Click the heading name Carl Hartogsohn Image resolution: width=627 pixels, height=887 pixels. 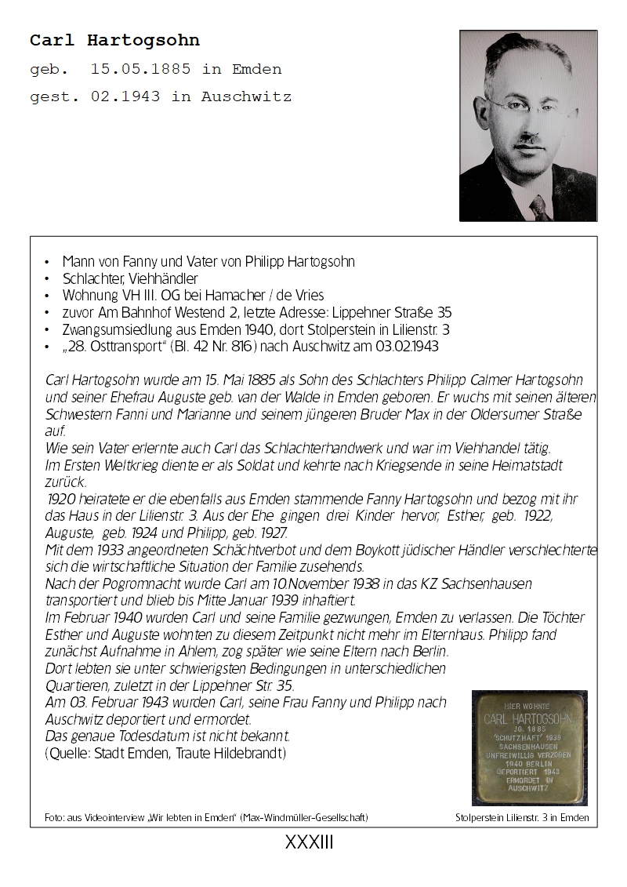pos(114,40)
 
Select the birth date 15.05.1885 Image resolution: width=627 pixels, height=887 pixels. pos(140,69)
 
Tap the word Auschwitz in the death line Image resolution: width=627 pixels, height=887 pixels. pos(246,97)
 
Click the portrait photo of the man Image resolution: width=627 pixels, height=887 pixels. pos(528,125)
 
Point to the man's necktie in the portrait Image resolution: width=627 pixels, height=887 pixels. pos(540,207)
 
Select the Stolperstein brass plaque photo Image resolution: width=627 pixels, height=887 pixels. pos(529,747)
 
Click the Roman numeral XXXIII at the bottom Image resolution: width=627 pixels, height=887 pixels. pos(310,843)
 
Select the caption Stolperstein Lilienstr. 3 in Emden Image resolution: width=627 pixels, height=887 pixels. pos(521,818)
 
